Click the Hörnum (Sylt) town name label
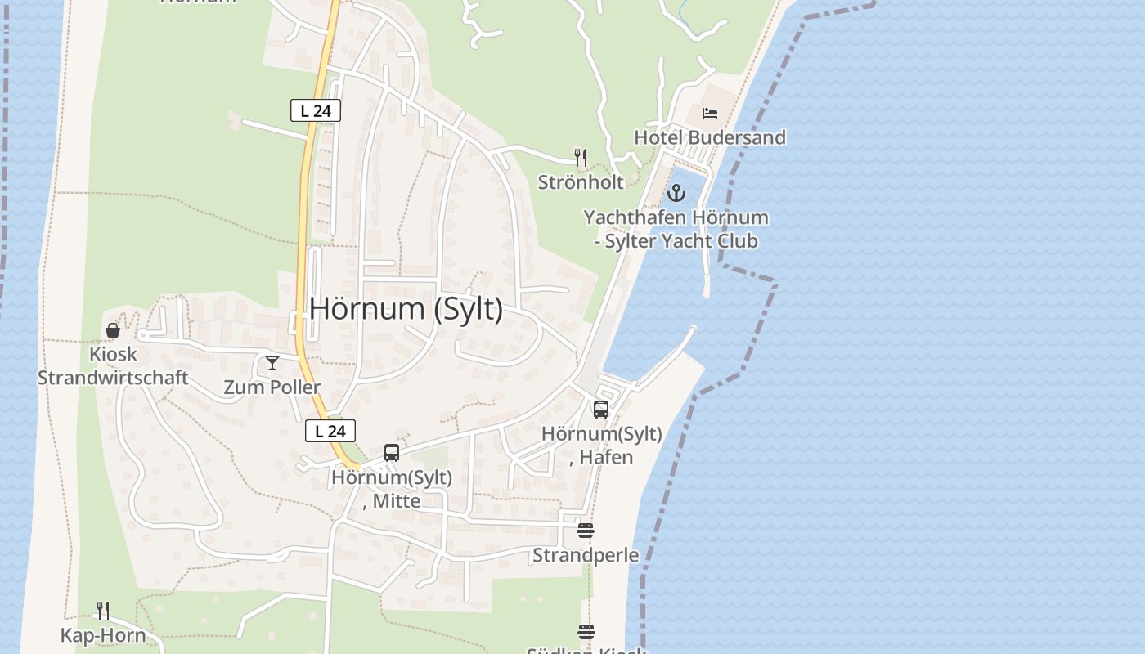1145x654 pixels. coord(406,309)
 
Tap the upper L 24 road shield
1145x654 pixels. coord(315,110)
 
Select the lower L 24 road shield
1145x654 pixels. coord(330,431)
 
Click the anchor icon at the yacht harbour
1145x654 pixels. coord(676,194)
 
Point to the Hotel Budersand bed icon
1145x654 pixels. coord(709,113)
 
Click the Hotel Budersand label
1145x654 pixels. coord(709,137)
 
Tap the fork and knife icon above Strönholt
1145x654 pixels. coord(581,157)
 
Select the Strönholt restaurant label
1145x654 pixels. coord(581,181)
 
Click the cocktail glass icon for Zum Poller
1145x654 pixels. coord(272,363)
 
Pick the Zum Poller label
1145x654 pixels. coord(272,387)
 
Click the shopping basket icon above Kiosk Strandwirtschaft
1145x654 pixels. coord(113,330)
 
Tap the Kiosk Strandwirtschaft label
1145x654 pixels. coord(113,366)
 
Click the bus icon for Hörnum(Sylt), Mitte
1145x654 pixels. coord(392,453)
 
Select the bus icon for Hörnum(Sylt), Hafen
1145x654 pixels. coord(601,410)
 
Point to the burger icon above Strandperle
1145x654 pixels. coord(586,531)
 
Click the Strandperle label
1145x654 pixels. coord(586,555)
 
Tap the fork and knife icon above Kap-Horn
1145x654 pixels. coord(103,611)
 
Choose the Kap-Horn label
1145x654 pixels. coord(103,635)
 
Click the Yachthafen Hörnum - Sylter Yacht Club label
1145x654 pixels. coord(676,229)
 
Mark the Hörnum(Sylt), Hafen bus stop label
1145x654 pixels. coord(602,445)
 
